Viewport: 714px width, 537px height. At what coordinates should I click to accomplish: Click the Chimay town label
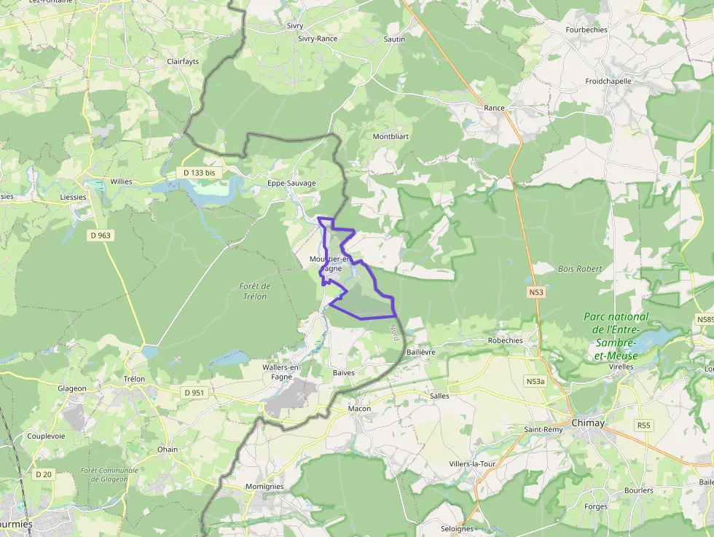[588, 423]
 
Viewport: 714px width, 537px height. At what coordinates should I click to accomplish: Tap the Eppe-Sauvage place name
[291, 183]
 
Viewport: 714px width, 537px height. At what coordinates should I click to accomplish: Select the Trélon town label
[134, 379]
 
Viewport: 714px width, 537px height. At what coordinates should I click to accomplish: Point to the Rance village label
[494, 108]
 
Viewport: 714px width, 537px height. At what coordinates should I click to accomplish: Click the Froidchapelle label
[608, 82]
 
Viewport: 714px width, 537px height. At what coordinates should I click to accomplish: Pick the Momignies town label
[264, 486]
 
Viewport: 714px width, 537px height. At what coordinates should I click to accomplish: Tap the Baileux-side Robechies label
[506, 340]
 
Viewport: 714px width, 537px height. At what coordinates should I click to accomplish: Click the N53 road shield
[536, 292]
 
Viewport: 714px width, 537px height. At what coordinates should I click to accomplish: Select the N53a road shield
[535, 381]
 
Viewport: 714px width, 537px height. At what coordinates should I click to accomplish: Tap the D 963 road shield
[100, 235]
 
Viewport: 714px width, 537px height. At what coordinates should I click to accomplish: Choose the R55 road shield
[643, 425]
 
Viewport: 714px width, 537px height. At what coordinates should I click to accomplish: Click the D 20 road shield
[44, 474]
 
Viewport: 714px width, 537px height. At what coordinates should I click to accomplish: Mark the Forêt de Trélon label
[254, 291]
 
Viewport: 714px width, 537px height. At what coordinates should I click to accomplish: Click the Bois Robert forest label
[580, 269]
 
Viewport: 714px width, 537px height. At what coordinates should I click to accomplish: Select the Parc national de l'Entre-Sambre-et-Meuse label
[616, 336]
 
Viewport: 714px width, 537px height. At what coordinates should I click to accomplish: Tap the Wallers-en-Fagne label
[282, 372]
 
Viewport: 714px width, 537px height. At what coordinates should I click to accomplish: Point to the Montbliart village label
[391, 136]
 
